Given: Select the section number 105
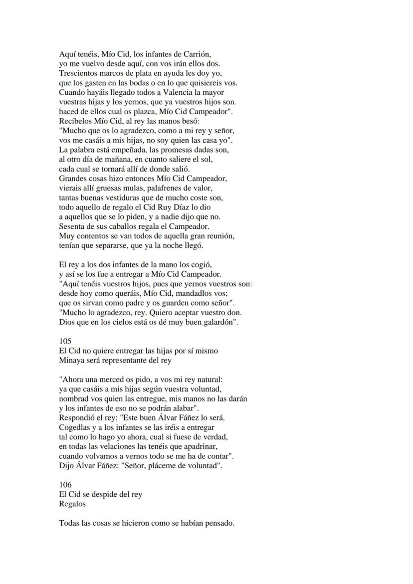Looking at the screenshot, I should (x=65, y=341).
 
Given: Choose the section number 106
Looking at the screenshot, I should (x=65, y=485).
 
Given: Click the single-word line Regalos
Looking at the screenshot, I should (x=72, y=504).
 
